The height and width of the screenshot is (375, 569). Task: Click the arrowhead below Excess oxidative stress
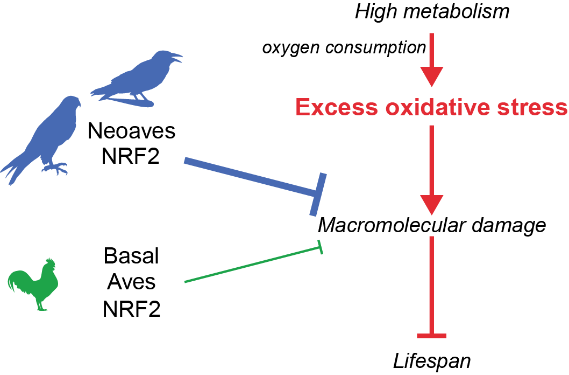click(431, 205)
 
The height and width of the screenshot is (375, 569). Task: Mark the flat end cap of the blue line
click(318, 195)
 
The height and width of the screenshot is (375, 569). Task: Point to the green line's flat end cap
click(320, 247)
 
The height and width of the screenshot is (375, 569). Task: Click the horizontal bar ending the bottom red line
click(431, 336)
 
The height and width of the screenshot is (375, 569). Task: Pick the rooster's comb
click(50, 262)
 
